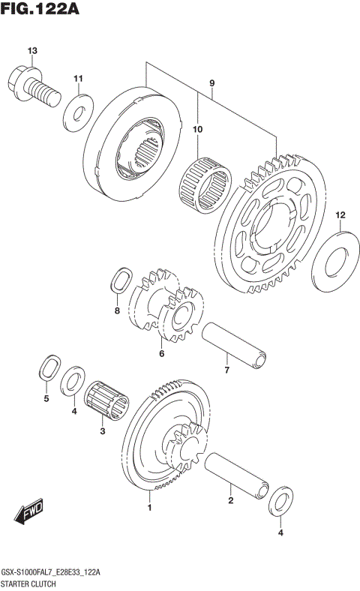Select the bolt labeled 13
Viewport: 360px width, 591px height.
point(34,85)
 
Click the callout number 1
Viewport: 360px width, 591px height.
point(149,508)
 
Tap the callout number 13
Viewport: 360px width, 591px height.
point(31,51)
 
